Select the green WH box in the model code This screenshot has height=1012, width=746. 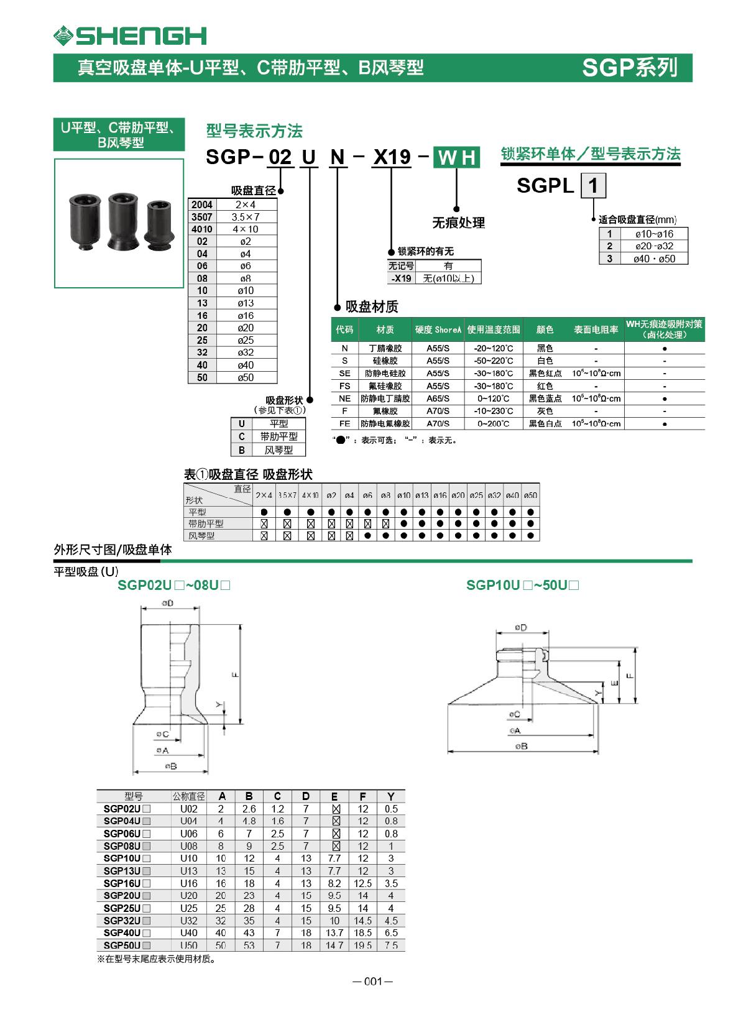point(456,157)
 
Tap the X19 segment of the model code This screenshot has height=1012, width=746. point(391,157)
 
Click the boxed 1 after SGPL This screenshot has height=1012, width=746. point(593,186)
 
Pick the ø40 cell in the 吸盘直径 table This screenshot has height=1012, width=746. point(245,365)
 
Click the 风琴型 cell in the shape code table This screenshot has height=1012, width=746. point(279,450)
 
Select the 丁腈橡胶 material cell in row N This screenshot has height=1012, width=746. point(385,348)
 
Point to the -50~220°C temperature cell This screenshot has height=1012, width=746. point(494,361)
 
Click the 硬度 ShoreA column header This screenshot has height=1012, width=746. point(438,329)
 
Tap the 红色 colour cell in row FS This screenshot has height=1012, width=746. point(545,386)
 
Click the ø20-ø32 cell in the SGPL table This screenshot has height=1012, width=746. point(653,246)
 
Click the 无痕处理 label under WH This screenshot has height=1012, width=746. point(458,223)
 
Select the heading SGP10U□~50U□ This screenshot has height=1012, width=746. point(522,586)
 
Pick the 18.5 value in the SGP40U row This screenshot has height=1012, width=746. point(362,933)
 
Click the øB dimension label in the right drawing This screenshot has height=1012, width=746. point(521,746)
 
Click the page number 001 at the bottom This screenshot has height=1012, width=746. point(372,982)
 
